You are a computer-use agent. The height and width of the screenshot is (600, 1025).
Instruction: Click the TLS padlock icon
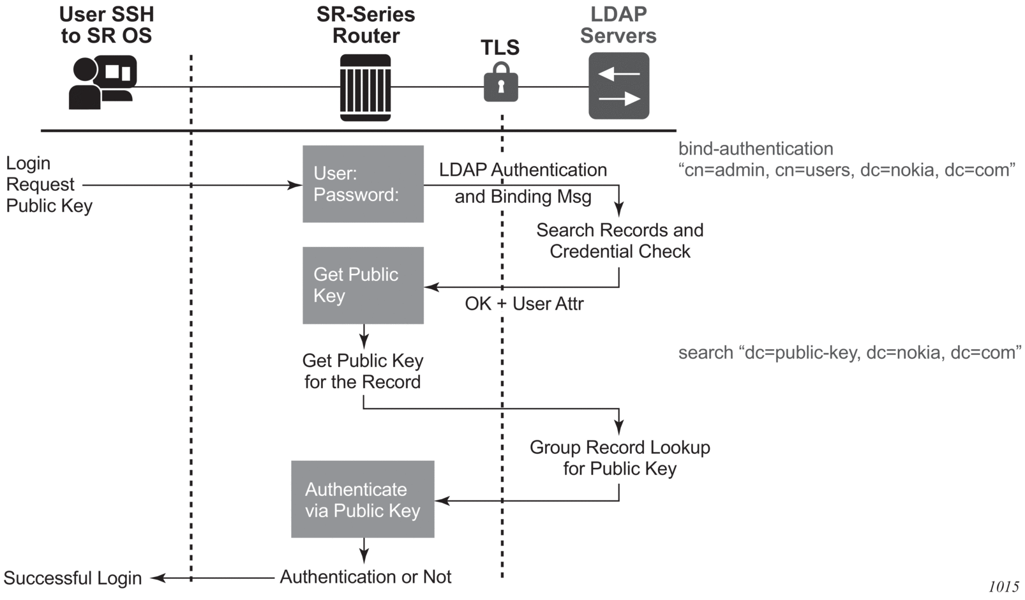pyautogui.click(x=500, y=83)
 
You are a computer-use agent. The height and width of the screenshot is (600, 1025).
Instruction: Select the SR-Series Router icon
pyautogui.click(x=365, y=87)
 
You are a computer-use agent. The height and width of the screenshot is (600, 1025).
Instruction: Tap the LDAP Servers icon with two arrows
pyautogui.click(x=618, y=86)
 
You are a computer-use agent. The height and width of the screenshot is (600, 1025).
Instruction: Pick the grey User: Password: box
pyautogui.click(x=363, y=184)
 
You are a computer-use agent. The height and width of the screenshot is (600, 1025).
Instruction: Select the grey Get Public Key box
pyautogui.click(x=363, y=285)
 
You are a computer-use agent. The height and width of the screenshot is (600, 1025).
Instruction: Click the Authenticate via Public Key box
pyautogui.click(x=363, y=499)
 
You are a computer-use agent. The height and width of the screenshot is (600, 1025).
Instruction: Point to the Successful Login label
pyautogui.click(x=73, y=578)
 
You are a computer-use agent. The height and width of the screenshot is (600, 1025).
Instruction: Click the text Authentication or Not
pyautogui.click(x=365, y=577)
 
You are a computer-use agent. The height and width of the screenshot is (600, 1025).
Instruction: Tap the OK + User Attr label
pyautogui.click(x=524, y=304)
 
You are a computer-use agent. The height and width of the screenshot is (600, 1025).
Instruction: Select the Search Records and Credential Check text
pyautogui.click(x=620, y=241)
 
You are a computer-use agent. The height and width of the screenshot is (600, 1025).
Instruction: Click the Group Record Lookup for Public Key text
pyautogui.click(x=620, y=458)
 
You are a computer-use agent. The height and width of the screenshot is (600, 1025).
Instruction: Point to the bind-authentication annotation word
pyautogui.click(x=756, y=149)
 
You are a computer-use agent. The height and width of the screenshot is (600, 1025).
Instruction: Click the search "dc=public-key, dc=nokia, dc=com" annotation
pyautogui.click(x=849, y=353)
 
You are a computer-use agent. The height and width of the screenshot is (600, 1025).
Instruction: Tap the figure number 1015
pyautogui.click(x=1003, y=587)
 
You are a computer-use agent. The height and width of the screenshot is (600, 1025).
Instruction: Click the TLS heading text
pyautogui.click(x=500, y=47)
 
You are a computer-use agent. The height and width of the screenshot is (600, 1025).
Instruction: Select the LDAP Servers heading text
pyautogui.click(x=618, y=25)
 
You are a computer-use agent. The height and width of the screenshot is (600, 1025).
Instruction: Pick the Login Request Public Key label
pyautogui.click(x=49, y=184)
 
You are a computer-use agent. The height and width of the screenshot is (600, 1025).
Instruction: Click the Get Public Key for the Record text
pyautogui.click(x=363, y=371)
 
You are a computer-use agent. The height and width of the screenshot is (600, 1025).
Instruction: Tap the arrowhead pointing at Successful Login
pyautogui.click(x=156, y=578)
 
